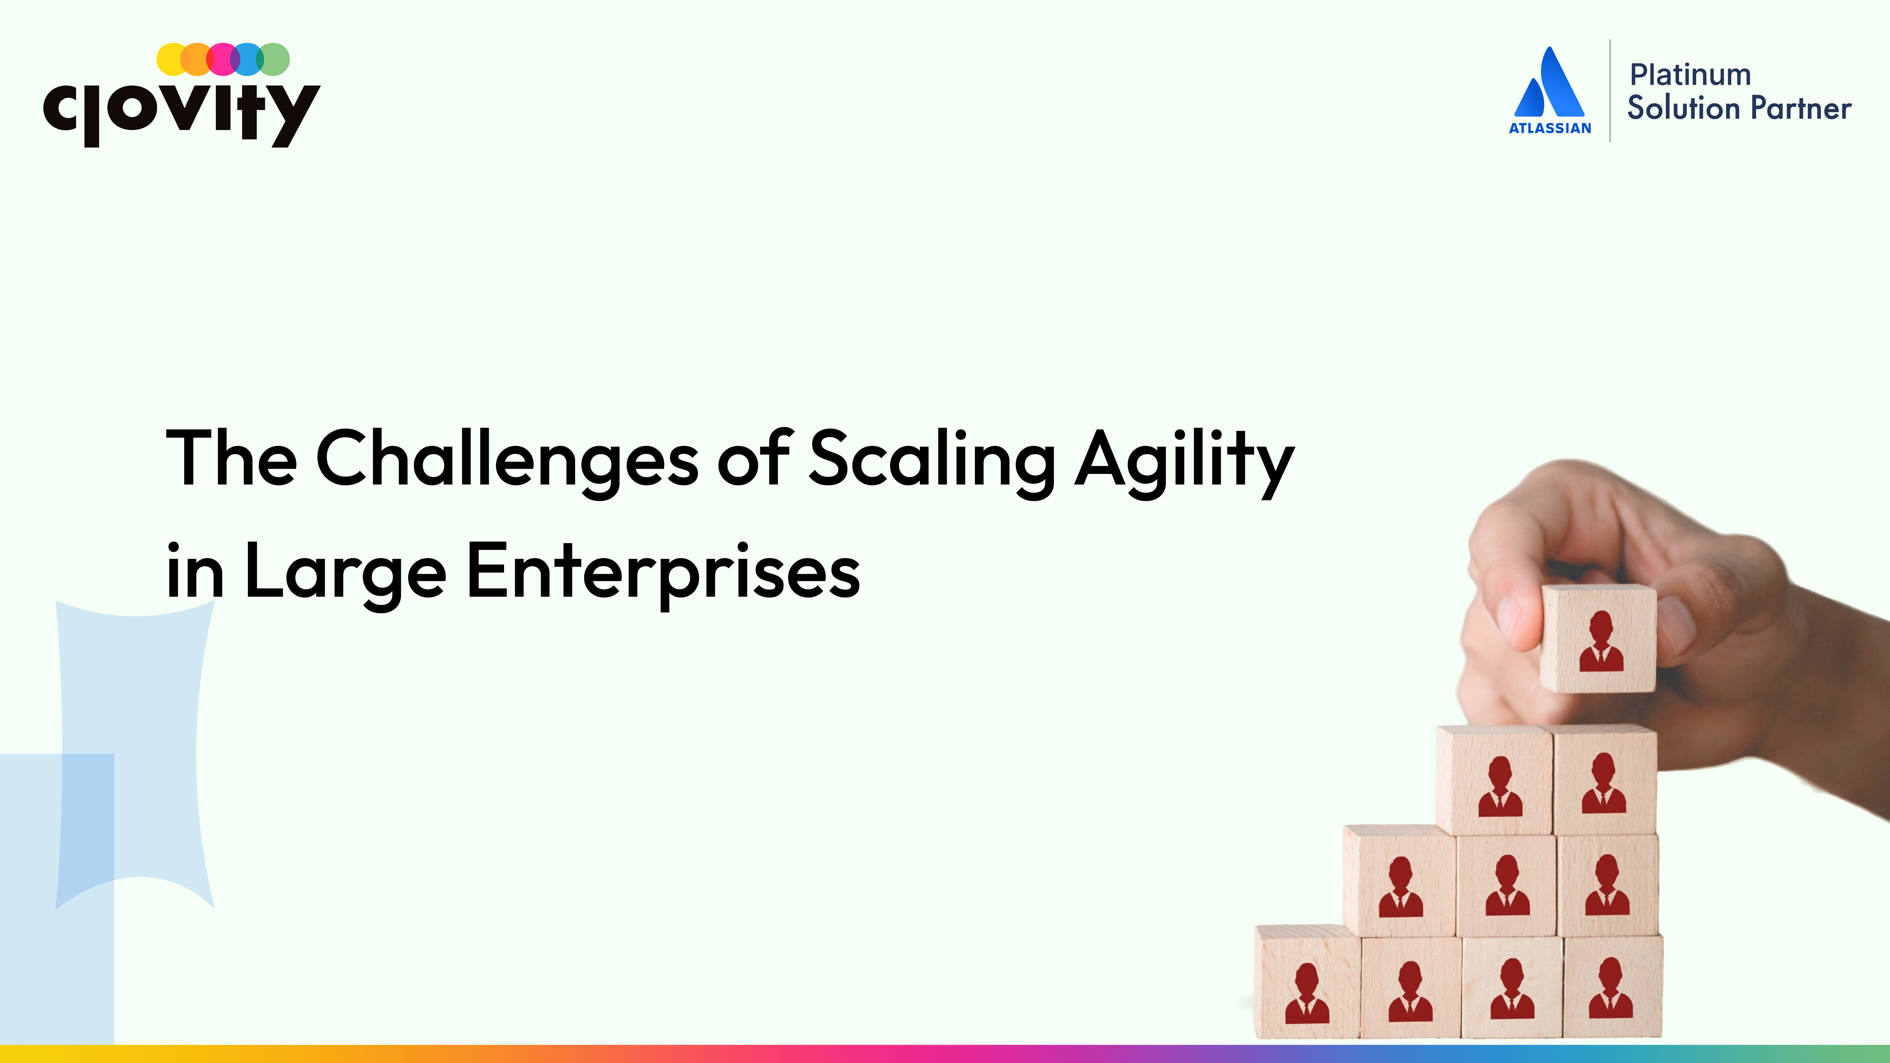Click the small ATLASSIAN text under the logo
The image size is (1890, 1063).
(1550, 128)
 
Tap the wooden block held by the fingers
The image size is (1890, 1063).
(1597, 638)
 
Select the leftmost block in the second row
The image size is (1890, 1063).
(1399, 880)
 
